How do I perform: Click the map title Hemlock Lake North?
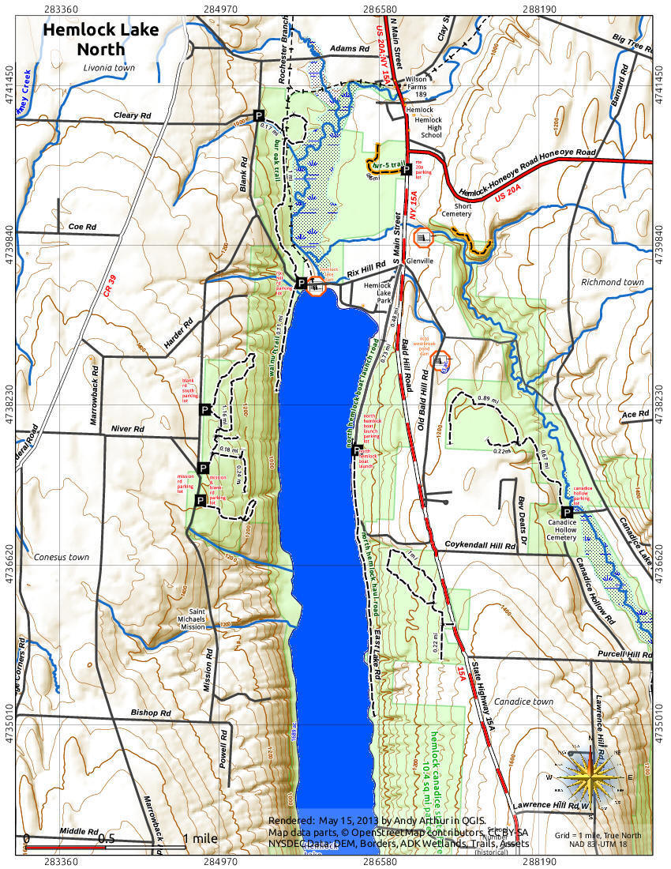100,39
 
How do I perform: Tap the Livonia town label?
109,68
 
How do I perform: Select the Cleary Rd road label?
132,115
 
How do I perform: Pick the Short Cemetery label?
456,210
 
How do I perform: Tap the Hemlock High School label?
431,122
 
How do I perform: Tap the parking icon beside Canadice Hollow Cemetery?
566,512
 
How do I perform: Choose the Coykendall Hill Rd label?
485,545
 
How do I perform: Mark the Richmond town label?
612,282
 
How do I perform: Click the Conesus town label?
62,557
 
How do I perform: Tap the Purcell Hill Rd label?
624,655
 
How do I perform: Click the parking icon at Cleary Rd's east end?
258,115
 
